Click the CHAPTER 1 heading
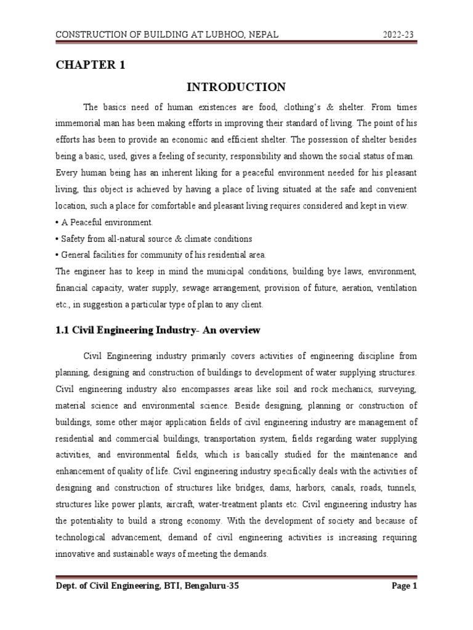(91, 66)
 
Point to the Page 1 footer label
(405, 586)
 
